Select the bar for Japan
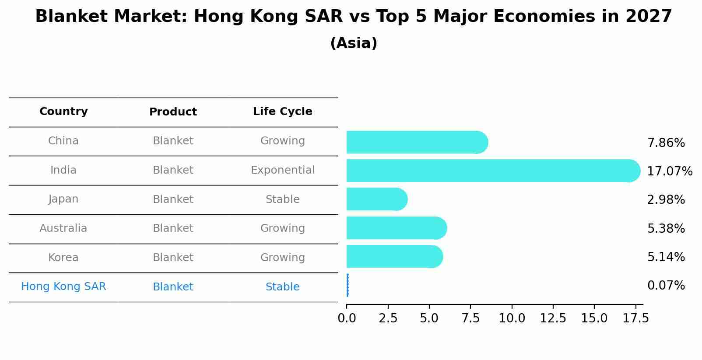377,199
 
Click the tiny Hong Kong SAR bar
347,285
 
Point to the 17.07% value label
669,171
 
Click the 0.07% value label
666,286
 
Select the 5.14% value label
666,257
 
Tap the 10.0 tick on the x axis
512,318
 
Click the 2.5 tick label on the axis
388,318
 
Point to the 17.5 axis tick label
635,318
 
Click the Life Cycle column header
282,112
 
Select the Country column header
63,112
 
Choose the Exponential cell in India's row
282,170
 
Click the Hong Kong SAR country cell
63,287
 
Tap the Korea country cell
63,258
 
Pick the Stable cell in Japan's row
282,199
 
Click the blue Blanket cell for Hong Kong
173,287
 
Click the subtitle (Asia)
353,43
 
